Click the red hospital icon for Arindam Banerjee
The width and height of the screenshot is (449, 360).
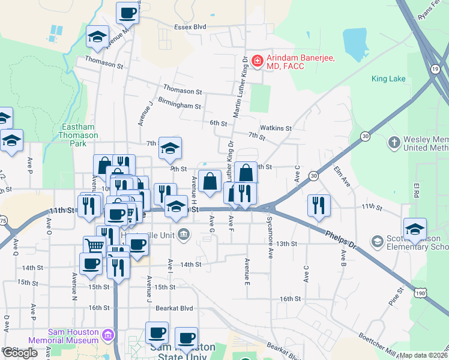257,60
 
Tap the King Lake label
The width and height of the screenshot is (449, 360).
388,79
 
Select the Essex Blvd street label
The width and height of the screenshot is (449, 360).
190,27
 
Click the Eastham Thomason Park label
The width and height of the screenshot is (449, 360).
80,135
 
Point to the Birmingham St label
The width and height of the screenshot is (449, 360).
179,105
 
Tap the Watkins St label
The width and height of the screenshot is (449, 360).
276,128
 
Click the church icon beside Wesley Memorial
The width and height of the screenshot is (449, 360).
393,143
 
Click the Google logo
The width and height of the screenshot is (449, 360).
20,352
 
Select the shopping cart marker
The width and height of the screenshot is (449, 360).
95,245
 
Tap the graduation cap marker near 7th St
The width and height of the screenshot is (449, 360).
170,148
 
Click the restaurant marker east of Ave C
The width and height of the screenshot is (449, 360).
319,205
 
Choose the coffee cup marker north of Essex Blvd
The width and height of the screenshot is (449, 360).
127,12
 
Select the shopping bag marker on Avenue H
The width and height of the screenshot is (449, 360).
210,181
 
